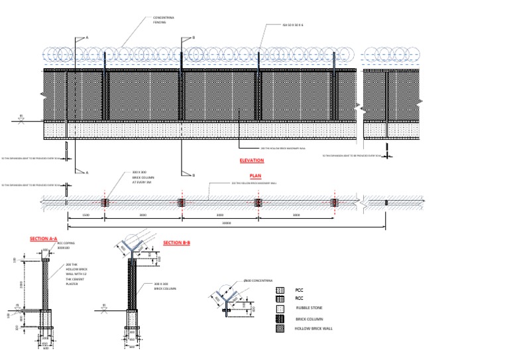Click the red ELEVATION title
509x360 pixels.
point(251,160)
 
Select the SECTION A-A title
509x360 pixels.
point(44,239)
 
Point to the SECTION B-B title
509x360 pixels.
point(176,243)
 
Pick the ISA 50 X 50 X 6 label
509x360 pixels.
point(298,25)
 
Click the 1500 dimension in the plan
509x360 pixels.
point(85,215)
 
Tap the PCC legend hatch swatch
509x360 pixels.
point(280,290)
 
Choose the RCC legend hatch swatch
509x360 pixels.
point(280,299)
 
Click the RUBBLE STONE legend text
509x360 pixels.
point(308,308)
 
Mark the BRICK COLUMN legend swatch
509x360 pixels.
point(280,319)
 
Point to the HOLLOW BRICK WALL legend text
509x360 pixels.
point(314,328)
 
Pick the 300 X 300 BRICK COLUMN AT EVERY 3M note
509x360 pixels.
point(142,177)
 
